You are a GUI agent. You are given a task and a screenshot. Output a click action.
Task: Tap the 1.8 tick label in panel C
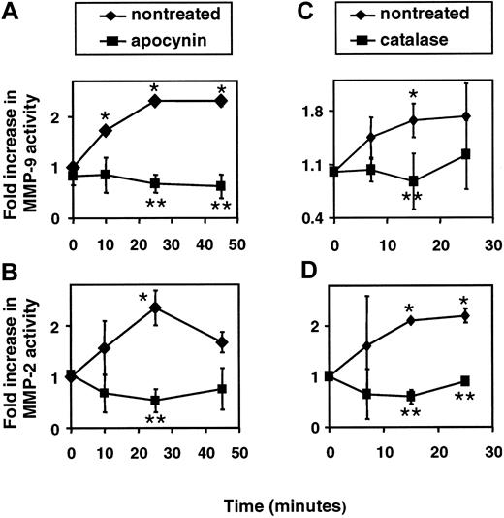[307, 113]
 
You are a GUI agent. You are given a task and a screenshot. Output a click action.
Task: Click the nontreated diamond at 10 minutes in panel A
[104, 130]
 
